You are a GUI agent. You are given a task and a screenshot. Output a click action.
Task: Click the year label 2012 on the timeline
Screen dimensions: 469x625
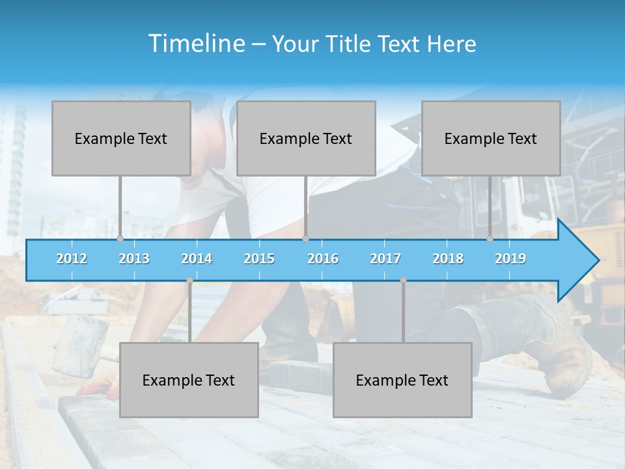(x=72, y=259)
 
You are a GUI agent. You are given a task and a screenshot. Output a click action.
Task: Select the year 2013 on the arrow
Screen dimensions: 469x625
(x=134, y=259)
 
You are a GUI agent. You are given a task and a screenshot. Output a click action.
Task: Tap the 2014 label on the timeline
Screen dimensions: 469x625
(x=197, y=259)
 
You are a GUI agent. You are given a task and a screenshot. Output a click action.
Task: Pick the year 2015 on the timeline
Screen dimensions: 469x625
(x=259, y=259)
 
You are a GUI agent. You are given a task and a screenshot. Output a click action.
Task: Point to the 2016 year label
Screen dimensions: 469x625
(x=323, y=259)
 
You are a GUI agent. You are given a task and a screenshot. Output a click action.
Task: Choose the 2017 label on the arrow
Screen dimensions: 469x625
(x=385, y=259)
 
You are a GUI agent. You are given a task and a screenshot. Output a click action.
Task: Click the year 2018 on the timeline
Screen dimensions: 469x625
(x=448, y=259)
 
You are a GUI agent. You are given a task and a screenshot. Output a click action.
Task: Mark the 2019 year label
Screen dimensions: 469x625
(x=510, y=259)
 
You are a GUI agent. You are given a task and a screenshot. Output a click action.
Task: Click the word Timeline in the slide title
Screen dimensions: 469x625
(x=196, y=44)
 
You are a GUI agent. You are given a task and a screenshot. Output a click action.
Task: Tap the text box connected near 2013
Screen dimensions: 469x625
(x=121, y=138)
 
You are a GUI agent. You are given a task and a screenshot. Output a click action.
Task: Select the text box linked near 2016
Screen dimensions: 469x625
(x=306, y=138)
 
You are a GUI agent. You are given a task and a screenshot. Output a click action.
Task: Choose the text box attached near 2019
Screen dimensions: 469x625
(x=491, y=138)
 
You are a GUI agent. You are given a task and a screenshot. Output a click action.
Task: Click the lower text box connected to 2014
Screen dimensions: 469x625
(x=189, y=380)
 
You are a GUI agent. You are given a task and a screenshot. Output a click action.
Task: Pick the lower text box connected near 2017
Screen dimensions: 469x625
(x=402, y=380)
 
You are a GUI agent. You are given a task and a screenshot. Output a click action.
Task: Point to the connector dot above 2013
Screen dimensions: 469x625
(x=120, y=238)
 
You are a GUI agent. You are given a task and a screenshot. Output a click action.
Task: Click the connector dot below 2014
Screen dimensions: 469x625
(x=189, y=280)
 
